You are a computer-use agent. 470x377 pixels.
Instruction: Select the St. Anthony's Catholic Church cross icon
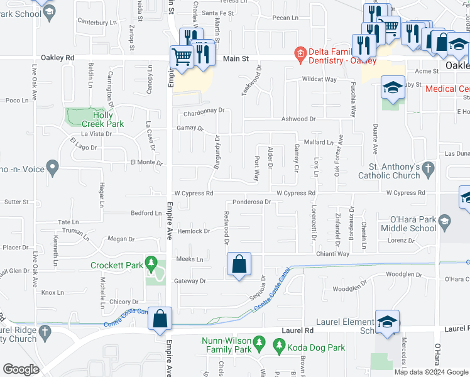(x=429, y=168)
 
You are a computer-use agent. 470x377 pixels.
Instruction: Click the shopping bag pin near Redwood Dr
(x=239, y=266)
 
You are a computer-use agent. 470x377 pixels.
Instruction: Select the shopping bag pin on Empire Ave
(x=160, y=319)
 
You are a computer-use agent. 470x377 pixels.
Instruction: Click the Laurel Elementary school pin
(x=387, y=322)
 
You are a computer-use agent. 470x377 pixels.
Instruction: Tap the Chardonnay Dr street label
(x=204, y=114)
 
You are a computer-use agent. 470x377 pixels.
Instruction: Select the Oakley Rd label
(x=58, y=57)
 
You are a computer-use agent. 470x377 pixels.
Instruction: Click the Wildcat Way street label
(x=320, y=80)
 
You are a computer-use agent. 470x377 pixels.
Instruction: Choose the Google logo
(x=21, y=369)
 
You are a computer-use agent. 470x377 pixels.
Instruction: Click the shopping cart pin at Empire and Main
(x=182, y=57)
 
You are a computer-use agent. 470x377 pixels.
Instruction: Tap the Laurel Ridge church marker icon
(x=45, y=332)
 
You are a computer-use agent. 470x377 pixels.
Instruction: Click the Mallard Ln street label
(x=320, y=143)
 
